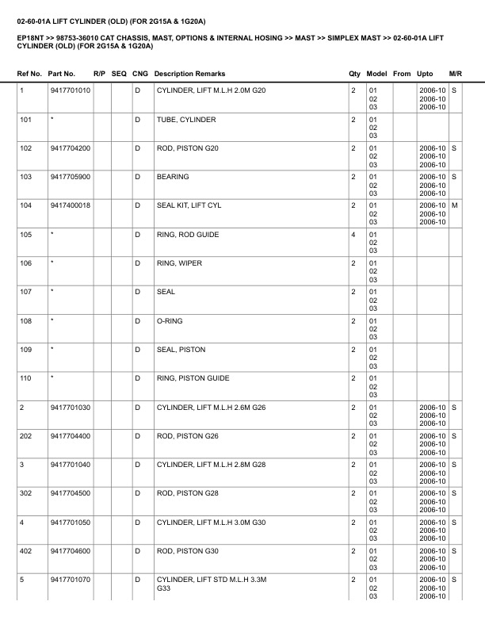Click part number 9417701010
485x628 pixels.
70,90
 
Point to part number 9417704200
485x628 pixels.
70,148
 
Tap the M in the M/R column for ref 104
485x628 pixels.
455,205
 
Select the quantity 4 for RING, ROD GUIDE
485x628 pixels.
353,235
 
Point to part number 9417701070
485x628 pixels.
70,580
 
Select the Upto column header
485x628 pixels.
425,74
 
